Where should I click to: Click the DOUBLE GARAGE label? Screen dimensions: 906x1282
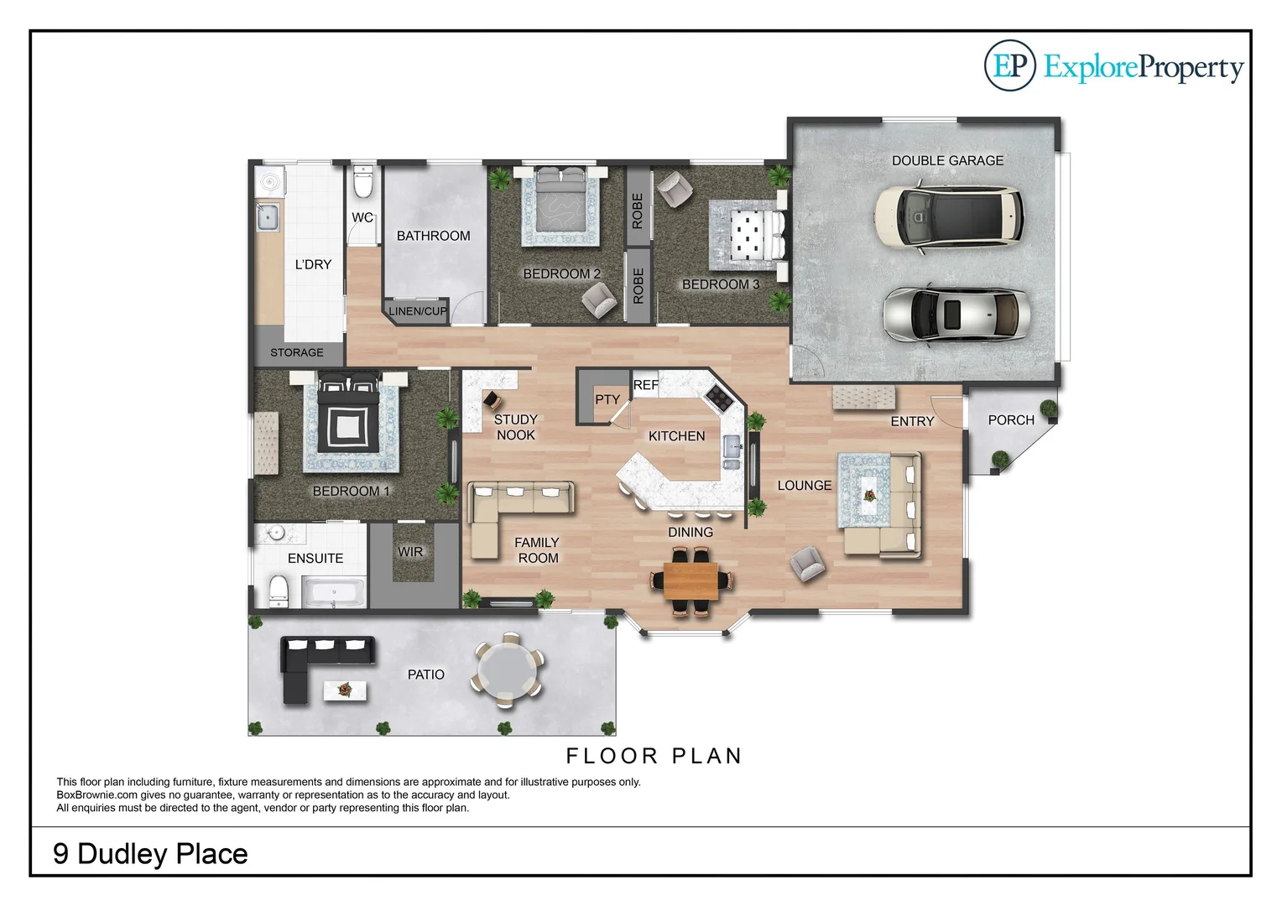coord(947,160)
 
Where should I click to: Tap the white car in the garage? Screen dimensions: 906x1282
coord(948,216)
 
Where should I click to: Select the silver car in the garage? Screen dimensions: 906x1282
coord(956,315)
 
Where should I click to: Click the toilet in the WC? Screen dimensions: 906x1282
coord(362,181)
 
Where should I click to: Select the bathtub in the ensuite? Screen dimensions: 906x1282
coord(333,593)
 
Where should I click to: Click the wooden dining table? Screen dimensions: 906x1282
coord(691,580)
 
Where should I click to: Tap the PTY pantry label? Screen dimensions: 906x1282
coord(607,399)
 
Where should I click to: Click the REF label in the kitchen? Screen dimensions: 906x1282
coord(645,385)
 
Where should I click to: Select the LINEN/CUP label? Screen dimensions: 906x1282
coord(417,311)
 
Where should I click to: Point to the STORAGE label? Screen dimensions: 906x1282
coord(296,352)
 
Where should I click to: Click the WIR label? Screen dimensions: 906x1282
coord(410,551)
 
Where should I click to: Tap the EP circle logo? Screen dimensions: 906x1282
coord(1009,65)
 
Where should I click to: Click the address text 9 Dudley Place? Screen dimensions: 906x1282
coord(150,853)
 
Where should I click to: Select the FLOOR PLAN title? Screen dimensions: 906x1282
coord(654,756)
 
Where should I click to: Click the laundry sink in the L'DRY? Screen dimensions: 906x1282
coord(268,217)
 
